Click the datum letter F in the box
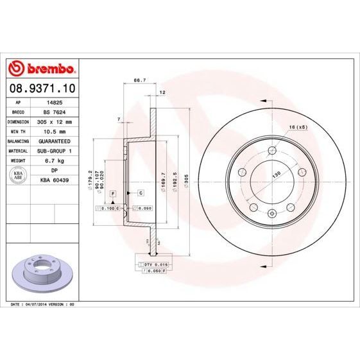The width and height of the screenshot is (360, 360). [113, 193]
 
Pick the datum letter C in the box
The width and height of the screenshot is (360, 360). [140, 193]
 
